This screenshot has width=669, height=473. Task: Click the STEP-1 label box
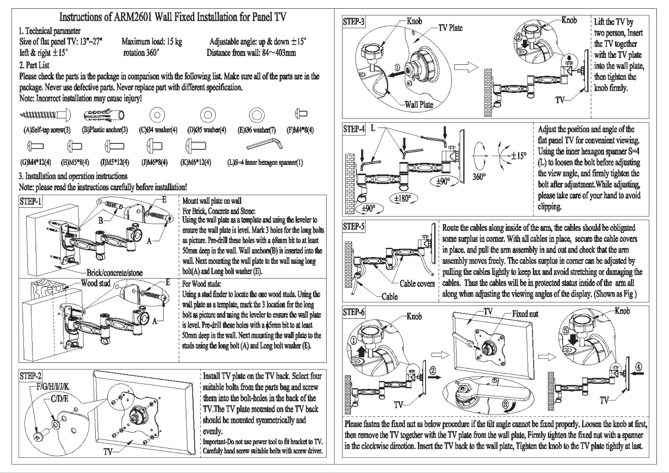[x=30, y=201]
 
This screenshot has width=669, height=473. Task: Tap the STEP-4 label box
[x=354, y=129]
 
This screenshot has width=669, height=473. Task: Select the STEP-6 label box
[x=354, y=312]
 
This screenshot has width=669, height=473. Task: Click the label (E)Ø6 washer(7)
[x=257, y=130]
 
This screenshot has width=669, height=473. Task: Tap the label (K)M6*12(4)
[x=195, y=162]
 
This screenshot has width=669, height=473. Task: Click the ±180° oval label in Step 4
[x=403, y=198]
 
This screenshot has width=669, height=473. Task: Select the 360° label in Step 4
[x=479, y=177]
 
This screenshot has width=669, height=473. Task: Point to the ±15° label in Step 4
[x=519, y=156]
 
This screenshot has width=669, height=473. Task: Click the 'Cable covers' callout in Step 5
[x=417, y=283]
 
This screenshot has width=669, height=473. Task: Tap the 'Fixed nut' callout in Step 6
[x=525, y=314]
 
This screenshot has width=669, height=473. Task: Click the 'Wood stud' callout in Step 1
[x=96, y=283]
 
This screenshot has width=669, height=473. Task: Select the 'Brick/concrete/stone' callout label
[x=114, y=272]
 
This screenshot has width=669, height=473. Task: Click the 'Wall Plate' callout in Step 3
[x=419, y=105]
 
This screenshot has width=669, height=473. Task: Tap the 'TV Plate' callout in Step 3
[x=450, y=28]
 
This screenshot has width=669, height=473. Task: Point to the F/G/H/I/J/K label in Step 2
[x=53, y=387]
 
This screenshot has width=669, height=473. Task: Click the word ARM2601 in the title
[x=133, y=17]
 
